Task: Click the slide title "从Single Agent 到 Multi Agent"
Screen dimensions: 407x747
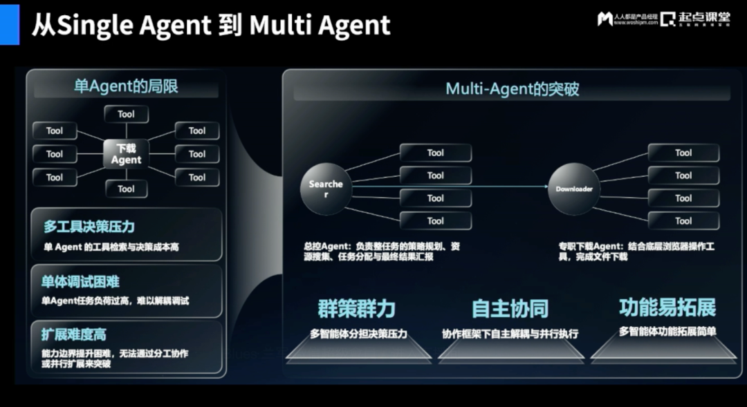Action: coord(211,26)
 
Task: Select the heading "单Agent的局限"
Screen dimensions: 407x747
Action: coord(126,86)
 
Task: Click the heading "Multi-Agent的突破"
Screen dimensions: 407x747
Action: coord(512,88)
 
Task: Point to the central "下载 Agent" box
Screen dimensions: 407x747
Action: coord(126,154)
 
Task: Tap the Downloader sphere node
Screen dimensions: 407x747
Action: coord(573,188)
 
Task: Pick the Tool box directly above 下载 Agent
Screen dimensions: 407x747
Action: coord(126,114)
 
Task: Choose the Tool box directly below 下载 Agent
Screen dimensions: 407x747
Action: coord(126,189)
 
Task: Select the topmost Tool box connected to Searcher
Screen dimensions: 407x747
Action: coord(436,153)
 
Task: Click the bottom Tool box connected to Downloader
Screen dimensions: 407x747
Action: coord(683,221)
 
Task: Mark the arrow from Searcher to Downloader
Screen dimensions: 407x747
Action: coord(450,187)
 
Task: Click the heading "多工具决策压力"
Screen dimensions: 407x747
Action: coord(89,227)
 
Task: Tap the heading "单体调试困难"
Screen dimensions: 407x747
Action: coord(80,282)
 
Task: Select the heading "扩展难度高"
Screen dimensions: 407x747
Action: coord(74,335)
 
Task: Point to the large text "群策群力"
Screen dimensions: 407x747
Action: coord(356,307)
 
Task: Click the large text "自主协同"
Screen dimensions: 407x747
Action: coord(510,308)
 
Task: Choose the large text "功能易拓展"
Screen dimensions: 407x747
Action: coord(667,307)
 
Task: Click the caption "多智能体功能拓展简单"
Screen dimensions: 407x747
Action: coord(667,332)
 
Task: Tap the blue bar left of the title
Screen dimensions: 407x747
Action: coord(10,23)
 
